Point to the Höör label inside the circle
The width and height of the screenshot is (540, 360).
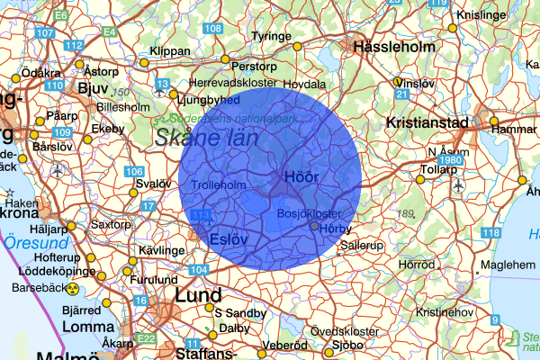click(x=301, y=176)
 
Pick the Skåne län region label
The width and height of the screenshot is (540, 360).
click(x=205, y=139)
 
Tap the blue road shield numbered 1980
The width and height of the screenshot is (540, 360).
click(x=452, y=160)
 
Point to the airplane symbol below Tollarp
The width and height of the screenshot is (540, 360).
click(x=458, y=185)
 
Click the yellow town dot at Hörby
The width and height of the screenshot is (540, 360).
click(x=314, y=227)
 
